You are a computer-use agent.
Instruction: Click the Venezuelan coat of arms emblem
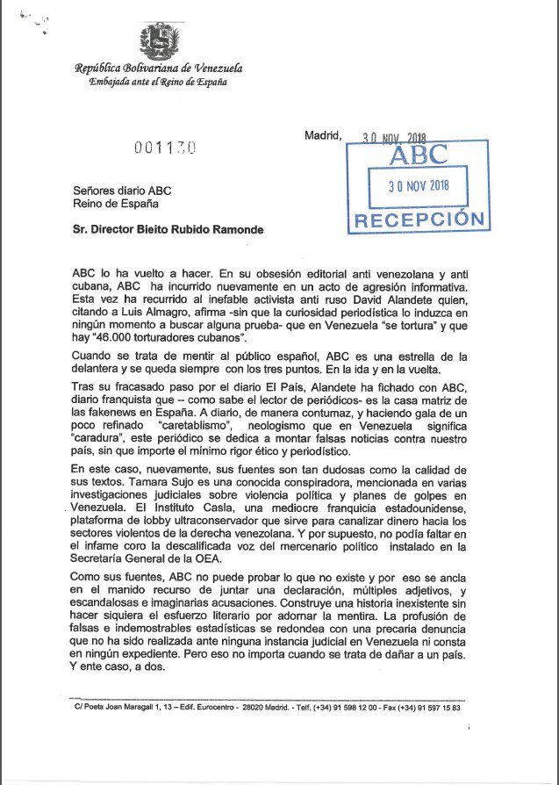point(158,40)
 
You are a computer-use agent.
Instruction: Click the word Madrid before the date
point(322,135)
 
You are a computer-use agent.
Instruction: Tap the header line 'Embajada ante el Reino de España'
point(158,83)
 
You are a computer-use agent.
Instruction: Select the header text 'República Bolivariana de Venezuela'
point(159,68)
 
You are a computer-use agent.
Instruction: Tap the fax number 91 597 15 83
point(433,707)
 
